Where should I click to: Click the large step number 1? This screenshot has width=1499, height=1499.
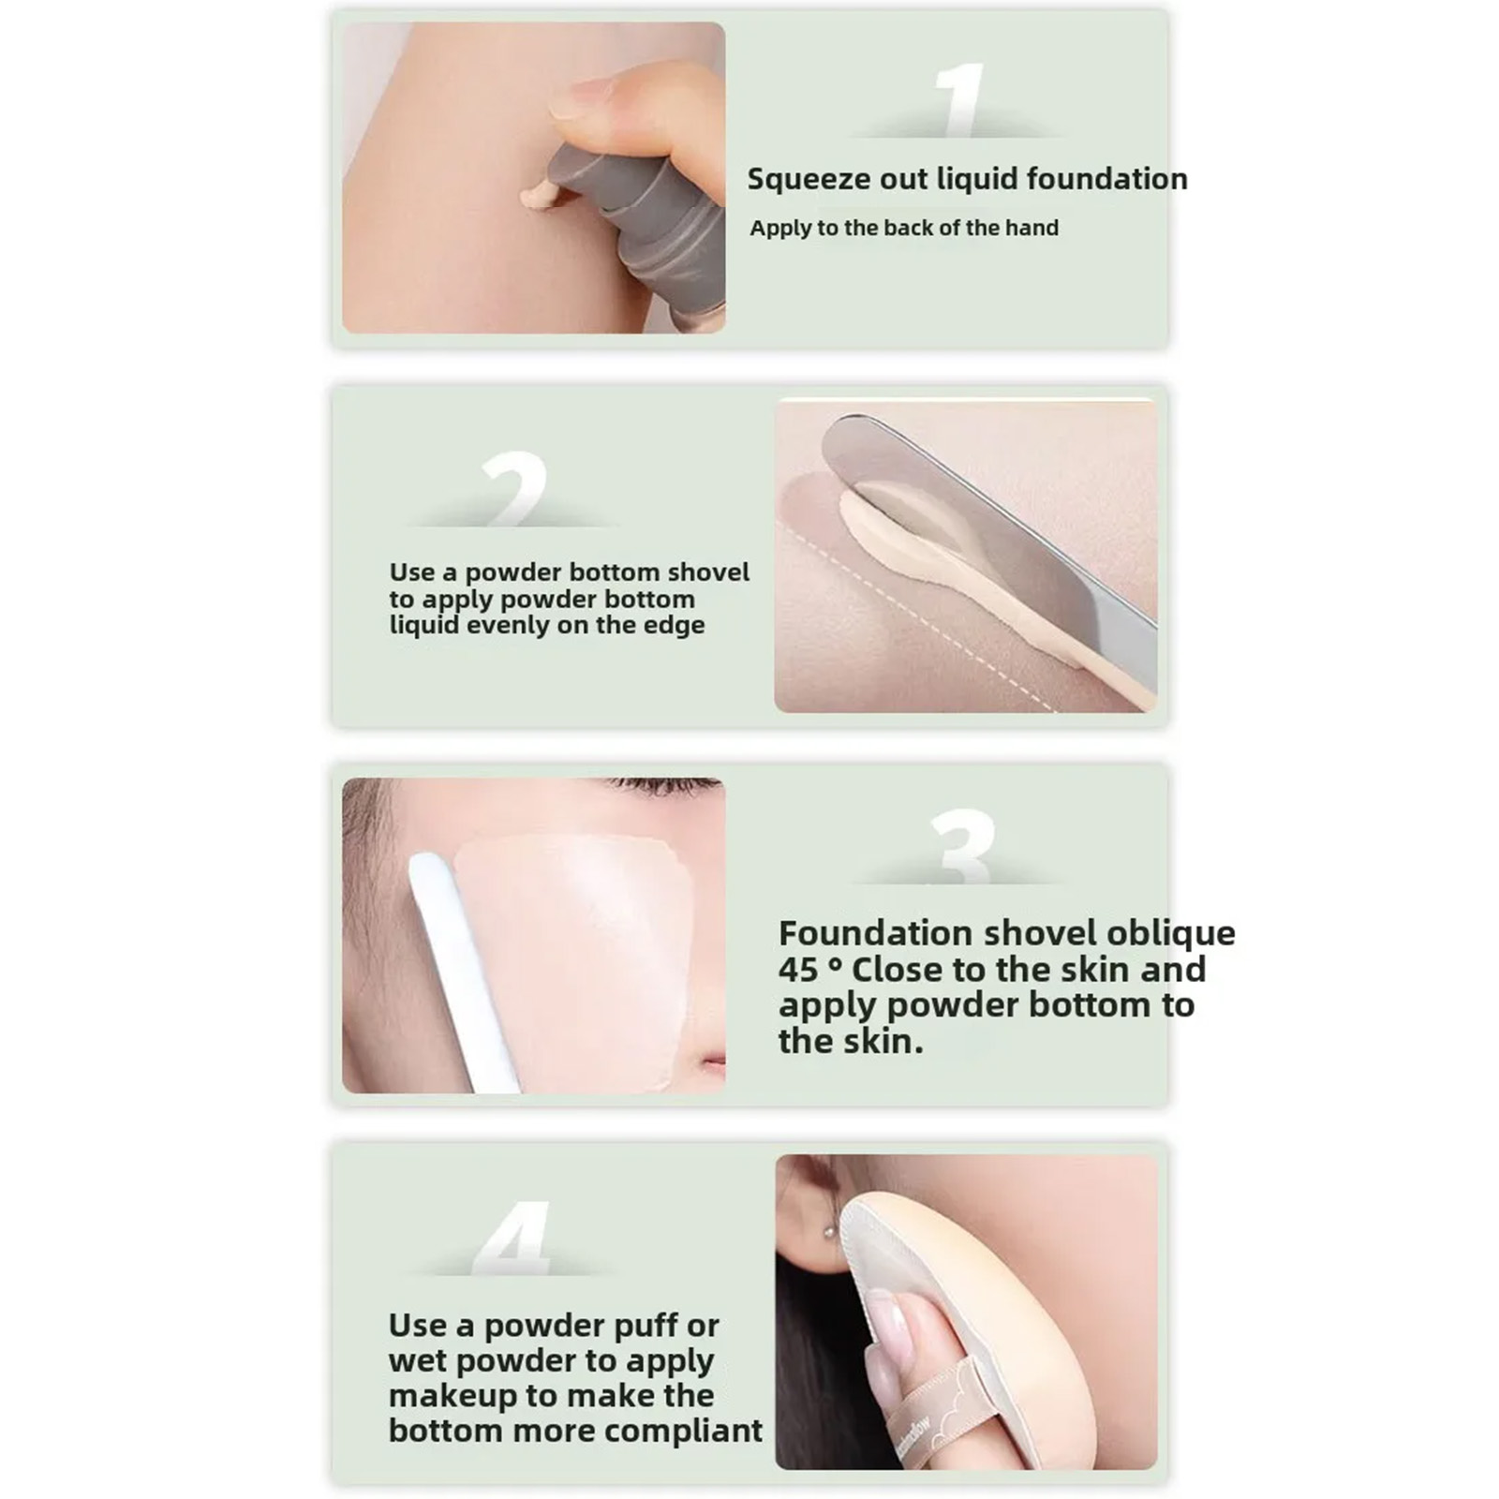(960, 100)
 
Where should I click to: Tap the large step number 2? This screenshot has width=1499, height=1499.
(514, 488)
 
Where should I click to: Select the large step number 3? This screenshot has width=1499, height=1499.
(962, 846)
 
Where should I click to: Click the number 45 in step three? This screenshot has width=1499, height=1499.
(799, 970)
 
